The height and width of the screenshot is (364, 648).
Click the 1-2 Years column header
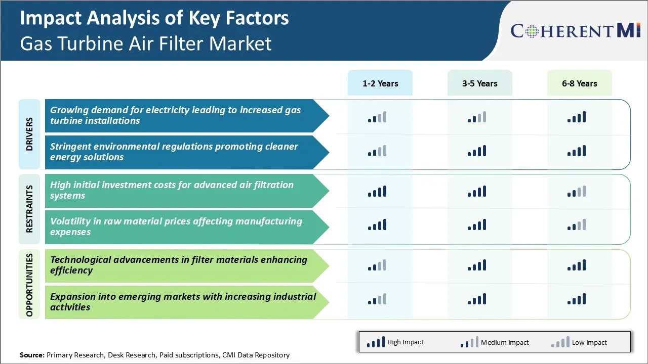[380, 83]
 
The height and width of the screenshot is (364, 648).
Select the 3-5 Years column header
[479, 83]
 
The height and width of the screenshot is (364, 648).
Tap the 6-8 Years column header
[579, 83]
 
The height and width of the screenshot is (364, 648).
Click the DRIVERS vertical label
[29, 134]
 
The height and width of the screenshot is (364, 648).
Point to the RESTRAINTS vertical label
[29, 209]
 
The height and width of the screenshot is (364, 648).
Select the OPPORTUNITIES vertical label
[29, 285]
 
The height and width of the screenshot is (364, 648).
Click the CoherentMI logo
[576, 31]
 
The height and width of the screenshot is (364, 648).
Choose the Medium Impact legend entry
[494, 342]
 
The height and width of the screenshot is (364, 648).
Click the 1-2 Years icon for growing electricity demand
[377, 117]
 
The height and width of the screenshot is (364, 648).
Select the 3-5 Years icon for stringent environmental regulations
[477, 151]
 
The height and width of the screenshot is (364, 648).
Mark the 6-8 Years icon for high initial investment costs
[577, 191]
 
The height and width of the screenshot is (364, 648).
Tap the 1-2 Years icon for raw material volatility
[377, 225]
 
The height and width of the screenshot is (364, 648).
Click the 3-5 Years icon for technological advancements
[477, 265]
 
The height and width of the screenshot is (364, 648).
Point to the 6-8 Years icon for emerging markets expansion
[577, 299]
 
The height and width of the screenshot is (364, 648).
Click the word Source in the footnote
[32, 355]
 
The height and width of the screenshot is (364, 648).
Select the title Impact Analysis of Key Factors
[154, 18]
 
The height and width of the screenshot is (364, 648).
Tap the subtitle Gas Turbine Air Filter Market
[146, 43]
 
